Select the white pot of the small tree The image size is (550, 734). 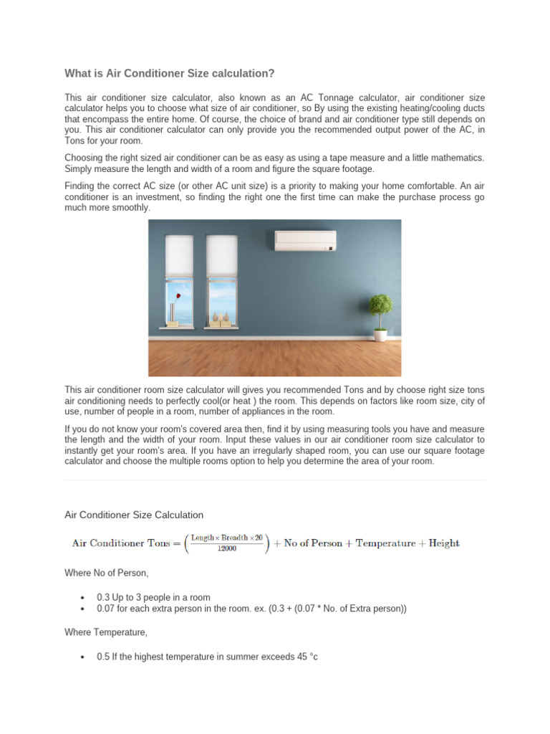tap(380, 335)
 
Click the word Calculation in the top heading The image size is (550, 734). tap(241, 73)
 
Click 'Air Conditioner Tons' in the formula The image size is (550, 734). tap(120, 543)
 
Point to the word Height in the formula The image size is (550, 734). tap(445, 543)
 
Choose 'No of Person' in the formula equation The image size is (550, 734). tap(313, 543)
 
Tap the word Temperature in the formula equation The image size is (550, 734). tap(385, 543)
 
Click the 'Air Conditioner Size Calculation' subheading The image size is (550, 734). tap(134, 515)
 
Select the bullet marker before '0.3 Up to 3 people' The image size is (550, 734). tap(84, 598)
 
